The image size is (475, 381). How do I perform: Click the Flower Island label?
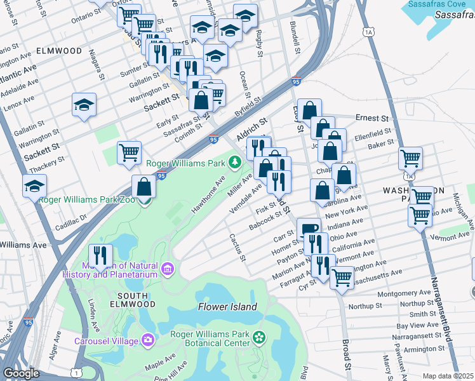tap(227, 307)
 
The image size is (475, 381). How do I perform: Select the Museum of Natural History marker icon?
tap(167, 270)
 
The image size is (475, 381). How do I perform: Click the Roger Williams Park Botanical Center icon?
tap(258, 336)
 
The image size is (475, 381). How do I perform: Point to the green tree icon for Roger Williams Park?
tap(235, 164)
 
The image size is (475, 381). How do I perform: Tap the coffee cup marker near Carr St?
tap(309, 229)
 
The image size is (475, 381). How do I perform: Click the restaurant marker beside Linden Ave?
tap(100, 255)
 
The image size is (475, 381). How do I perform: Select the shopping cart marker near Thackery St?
tap(129, 152)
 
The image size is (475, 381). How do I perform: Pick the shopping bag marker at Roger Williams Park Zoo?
tap(144, 187)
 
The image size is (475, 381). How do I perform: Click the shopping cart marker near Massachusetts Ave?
tap(342, 277)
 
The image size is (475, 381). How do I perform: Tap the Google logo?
tap(21, 373)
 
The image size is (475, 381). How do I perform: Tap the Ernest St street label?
tap(371, 118)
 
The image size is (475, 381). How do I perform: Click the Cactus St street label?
tap(237, 248)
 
